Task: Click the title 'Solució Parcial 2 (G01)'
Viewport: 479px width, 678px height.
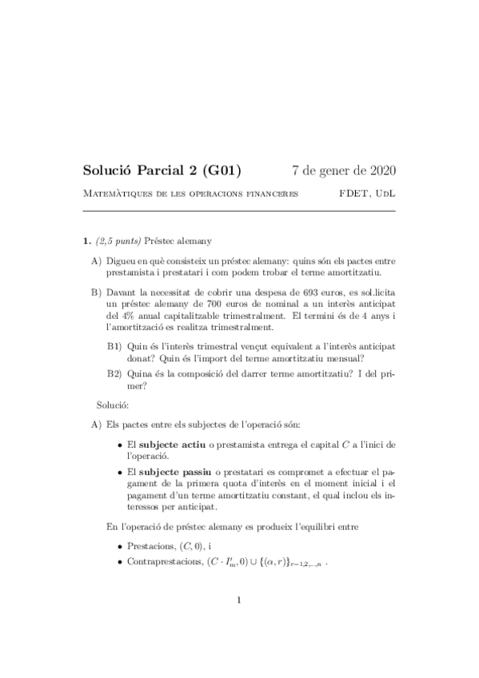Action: pos(162,170)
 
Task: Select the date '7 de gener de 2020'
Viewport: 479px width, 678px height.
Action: pos(344,170)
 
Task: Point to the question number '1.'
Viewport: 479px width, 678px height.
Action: pos(88,240)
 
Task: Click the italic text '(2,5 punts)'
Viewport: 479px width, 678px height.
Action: pos(118,240)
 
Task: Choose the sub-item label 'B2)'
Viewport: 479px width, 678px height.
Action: pos(115,373)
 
